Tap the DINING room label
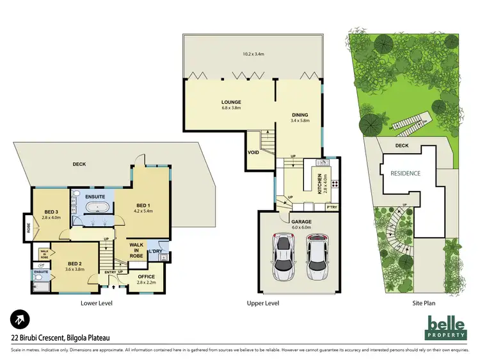pyautogui.click(x=300, y=115)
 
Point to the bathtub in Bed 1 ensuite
pyautogui.click(x=98, y=207)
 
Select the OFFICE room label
pyautogui.click(x=147, y=277)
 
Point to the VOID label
pyautogui.click(x=253, y=152)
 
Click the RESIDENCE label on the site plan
pyautogui.click(x=406, y=173)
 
